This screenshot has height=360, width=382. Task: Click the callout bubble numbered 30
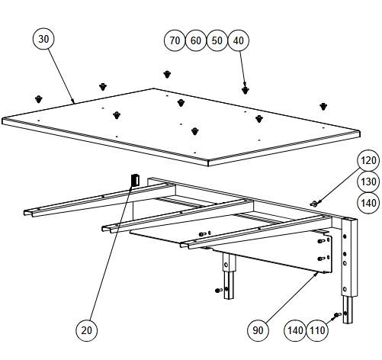coord(43,39)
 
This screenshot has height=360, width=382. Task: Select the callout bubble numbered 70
coord(175,40)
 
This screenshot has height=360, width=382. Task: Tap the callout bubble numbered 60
coord(196,40)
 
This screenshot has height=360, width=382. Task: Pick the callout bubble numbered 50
coord(217,40)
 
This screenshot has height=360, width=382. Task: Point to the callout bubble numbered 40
coord(238,40)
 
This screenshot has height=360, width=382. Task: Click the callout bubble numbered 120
coord(368,160)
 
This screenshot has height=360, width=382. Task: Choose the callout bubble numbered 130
coord(368,182)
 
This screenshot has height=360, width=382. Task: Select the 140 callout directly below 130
coord(368,203)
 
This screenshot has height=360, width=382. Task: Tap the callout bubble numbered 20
coord(86,330)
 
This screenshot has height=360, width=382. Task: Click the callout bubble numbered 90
coord(258,330)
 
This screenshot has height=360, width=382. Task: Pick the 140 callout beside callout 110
coord(295,330)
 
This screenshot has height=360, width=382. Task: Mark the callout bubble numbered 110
coord(317,330)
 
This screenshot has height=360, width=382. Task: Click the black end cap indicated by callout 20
coord(135,180)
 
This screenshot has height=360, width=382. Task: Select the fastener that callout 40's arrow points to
coord(246,90)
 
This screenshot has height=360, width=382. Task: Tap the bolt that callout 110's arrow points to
coord(337,315)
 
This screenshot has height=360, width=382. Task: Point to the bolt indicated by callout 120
coord(313,204)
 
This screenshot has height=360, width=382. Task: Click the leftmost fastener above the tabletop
coord(39,99)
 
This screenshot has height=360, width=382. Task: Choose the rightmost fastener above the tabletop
coord(323,107)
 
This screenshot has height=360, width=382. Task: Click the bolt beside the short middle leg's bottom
coord(219,290)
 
